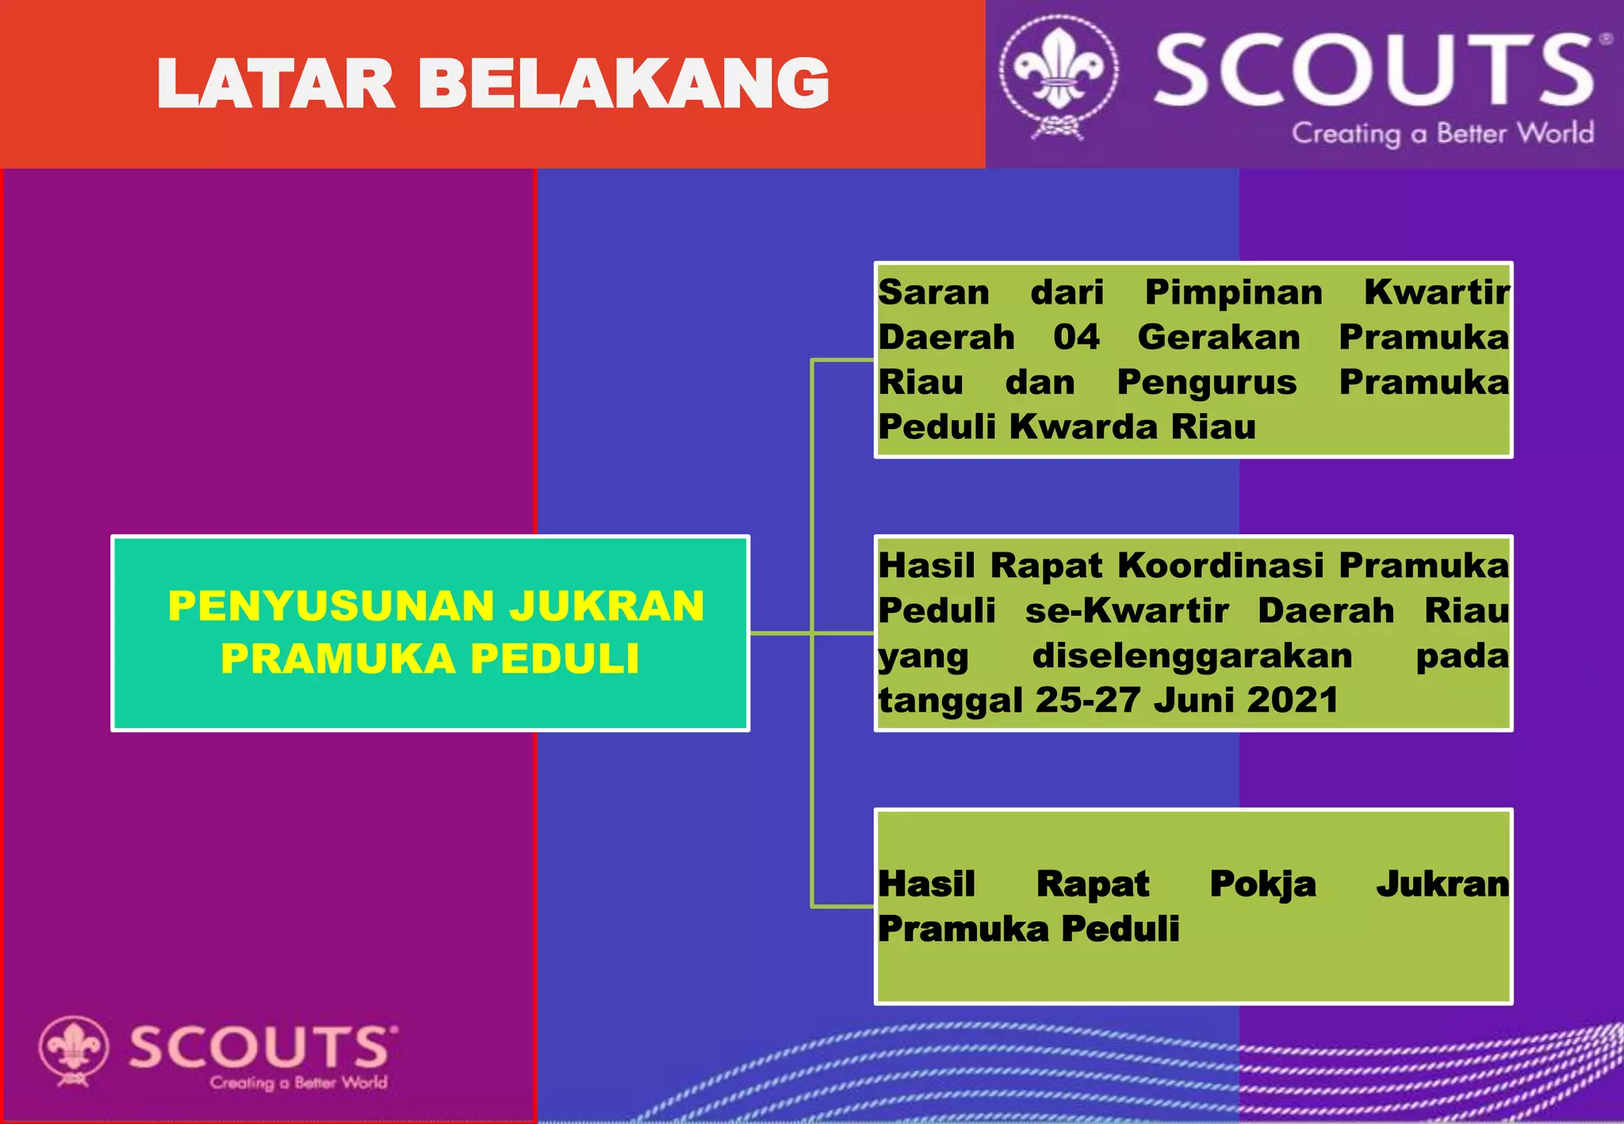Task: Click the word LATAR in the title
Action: click(x=276, y=83)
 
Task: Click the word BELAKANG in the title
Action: click(x=623, y=83)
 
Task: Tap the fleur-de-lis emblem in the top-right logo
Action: click(x=1059, y=71)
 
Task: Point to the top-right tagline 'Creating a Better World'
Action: click(x=1442, y=133)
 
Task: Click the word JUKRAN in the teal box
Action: click(x=607, y=606)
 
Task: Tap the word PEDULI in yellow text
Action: click(x=554, y=659)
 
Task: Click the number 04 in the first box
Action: click(x=1076, y=337)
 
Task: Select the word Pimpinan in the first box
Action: click(x=1233, y=292)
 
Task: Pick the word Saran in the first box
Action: click(x=933, y=292)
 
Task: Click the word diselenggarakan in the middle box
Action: click(x=1192, y=656)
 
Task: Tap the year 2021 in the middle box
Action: click(x=1293, y=700)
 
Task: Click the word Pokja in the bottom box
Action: click(x=1262, y=885)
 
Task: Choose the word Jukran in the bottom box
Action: click(x=1442, y=883)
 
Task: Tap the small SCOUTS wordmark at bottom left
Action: click(x=261, y=1047)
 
